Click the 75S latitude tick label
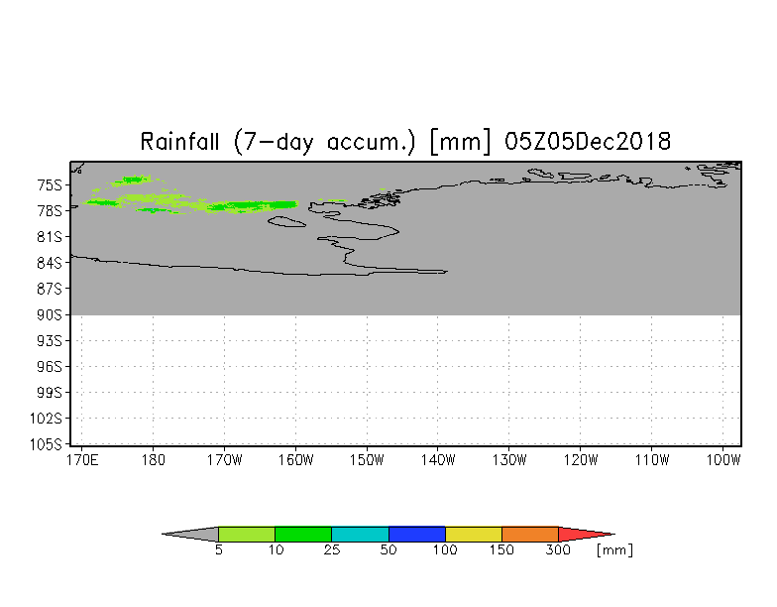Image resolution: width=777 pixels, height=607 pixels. pyautogui.click(x=50, y=185)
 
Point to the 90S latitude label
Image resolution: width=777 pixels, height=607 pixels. pyautogui.click(x=50, y=315)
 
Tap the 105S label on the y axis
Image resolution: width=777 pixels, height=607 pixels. pyautogui.click(x=46, y=444)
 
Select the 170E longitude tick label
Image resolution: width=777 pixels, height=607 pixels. pyautogui.click(x=82, y=460)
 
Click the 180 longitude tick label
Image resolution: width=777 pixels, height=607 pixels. pyautogui.click(x=153, y=460)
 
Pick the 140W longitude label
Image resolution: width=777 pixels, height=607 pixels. pyautogui.click(x=438, y=460)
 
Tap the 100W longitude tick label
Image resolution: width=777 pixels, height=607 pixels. pyautogui.click(x=723, y=460)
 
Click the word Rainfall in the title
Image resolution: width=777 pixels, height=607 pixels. pyautogui.click(x=179, y=142)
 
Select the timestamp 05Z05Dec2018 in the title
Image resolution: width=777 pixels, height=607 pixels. pyautogui.click(x=588, y=142)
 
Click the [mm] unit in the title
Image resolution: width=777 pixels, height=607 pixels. pyautogui.click(x=460, y=142)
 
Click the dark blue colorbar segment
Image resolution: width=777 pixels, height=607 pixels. pyautogui.click(x=416, y=534)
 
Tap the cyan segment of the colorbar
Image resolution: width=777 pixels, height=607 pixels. pyautogui.click(x=361, y=534)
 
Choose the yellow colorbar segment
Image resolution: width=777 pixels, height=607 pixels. pyautogui.click(x=474, y=534)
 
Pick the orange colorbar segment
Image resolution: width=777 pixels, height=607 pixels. pyautogui.click(x=530, y=534)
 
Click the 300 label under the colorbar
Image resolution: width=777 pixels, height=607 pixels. pyautogui.click(x=558, y=549)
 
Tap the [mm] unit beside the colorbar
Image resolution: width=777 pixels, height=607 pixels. pyautogui.click(x=614, y=549)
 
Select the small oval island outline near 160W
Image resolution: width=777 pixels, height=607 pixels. pyautogui.click(x=287, y=222)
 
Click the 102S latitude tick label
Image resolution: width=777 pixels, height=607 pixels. pyautogui.click(x=46, y=419)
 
